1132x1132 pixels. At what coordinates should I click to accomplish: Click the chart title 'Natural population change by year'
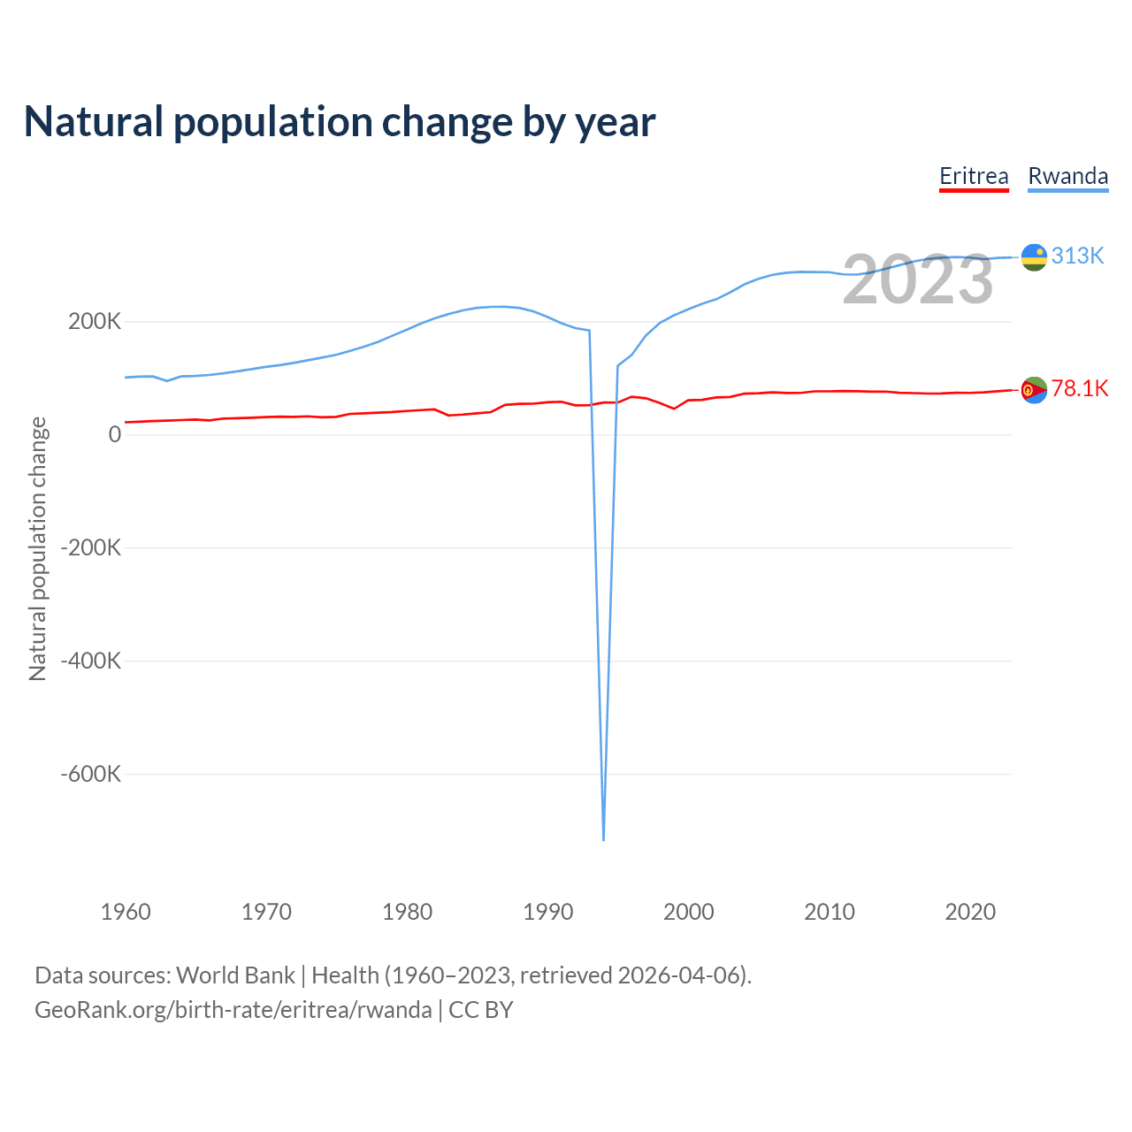pyautogui.click(x=340, y=122)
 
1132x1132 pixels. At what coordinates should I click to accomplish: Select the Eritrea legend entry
pyautogui.click(x=974, y=176)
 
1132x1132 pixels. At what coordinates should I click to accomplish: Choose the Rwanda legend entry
pyautogui.click(x=1067, y=176)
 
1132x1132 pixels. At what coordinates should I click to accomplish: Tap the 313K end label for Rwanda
pyautogui.click(x=1078, y=256)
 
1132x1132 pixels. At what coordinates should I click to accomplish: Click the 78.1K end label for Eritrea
pyautogui.click(x=1079, y=388)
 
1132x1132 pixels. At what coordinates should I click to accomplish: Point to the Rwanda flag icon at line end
pyautogui.click(x=1034, y=256)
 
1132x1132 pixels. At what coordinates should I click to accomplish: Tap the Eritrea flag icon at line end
pyautogui.click(x=1034, y=389)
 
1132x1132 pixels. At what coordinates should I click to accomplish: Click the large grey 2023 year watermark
pyautogui.click(x=918, y=279)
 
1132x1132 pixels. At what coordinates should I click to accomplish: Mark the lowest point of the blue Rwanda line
pyautogui.click(x=603, y=838)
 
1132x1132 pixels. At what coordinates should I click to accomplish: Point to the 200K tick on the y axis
pyautogui.click(x=95, y=321)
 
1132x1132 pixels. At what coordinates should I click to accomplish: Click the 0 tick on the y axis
pyautogui.click(x=115, y=434)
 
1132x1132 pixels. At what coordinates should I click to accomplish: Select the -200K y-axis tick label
pyautogui.click(x=90, y=547)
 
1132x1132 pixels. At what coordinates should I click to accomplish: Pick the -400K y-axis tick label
pyautogui.click(x=90, y=661)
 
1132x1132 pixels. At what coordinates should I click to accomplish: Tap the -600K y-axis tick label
pyautogui.click(x=90, y=774)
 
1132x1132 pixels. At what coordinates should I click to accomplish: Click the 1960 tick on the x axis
pyautogui.click(x=126, y=912)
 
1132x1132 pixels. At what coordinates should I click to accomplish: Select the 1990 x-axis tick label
pyautogui.click(x=548, y=912)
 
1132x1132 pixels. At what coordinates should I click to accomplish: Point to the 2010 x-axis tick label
pyautogui.click(x=830, y=912)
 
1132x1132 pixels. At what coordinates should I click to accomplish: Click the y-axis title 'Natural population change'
pyautogui.click(x=37, y=548)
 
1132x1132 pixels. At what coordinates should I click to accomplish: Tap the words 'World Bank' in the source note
pyautogui.click(x=235, y=975)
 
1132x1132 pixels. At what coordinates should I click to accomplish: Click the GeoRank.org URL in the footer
pyautogui.click(x=233, y=1010)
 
